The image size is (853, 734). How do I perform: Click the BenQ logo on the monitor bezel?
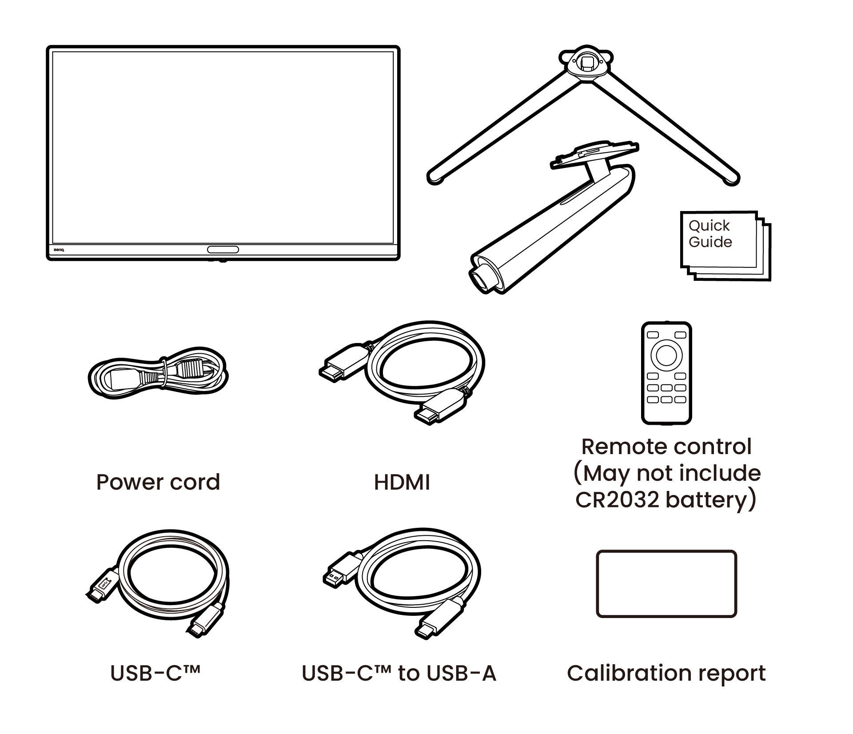pos(59,250)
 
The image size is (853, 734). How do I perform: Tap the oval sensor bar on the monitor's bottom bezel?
pos(223,249)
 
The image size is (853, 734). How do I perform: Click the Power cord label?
pos(158,483)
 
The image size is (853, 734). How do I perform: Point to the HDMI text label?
pos(402,483)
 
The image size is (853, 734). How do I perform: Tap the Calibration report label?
pos(666,673)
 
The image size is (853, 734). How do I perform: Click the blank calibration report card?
pos(666,584)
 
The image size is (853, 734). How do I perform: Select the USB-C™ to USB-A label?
pos(399,673)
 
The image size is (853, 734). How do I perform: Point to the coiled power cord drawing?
pos(158,375)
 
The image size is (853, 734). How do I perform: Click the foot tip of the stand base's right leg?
pos(731,179)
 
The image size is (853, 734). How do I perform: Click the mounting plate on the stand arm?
pos(593,156)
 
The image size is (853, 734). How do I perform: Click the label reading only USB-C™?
pos(155,673)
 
